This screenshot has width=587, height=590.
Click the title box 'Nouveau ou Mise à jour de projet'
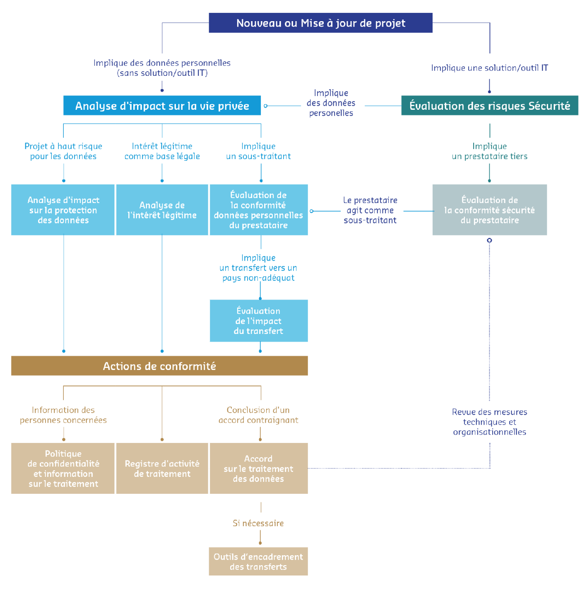[320, 23]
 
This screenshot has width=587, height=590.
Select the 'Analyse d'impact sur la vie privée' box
[162, 106]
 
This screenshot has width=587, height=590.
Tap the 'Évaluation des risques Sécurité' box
[489, 106]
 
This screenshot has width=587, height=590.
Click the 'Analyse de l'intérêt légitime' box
[162, 210]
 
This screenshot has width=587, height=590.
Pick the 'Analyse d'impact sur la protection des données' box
[63, 210]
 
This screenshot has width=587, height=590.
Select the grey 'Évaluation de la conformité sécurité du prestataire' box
[489, 210]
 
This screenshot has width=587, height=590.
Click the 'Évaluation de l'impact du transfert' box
[259, 321]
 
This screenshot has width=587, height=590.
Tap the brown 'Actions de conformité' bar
[159, 366]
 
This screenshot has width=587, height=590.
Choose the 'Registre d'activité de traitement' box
[162, 469]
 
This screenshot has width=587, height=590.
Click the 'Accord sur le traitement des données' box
[259, 469]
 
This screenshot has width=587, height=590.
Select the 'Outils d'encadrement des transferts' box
[258, 561]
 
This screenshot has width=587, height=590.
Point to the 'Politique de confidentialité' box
[63, 469]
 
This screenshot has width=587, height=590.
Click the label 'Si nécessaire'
[258, 523]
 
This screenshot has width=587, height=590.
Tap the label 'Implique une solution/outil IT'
[489, 68]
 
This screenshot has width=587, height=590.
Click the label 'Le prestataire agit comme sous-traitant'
[370, 210]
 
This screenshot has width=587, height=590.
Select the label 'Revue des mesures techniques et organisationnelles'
[489, 422]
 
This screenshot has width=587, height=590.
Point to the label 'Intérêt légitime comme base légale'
[162, 151]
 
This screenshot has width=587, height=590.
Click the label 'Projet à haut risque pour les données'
[63, 151]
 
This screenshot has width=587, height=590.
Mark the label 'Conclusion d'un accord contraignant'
[258, 415]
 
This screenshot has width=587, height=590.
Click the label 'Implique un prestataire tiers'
[489, 151]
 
